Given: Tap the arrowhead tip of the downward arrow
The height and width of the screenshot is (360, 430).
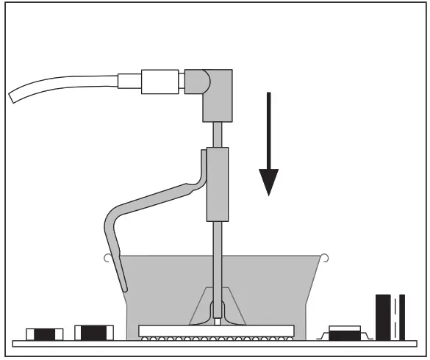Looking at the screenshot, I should click(x=269, y=195).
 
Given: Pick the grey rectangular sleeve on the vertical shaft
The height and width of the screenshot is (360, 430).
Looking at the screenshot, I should click(x=217, y=184).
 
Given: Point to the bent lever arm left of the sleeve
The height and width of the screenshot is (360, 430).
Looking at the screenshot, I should click(x=151, y=201).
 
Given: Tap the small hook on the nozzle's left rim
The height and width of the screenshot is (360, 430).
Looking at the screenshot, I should click(x=107, y=257).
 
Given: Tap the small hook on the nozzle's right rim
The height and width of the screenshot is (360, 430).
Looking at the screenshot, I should click(x=324, y=256).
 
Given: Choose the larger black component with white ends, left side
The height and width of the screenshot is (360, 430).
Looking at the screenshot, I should click(x=93, y=333).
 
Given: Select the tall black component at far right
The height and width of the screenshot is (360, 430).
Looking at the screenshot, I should click(x=390, y=317).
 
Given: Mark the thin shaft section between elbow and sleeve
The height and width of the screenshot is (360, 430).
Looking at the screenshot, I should click(x=217, y=134).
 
